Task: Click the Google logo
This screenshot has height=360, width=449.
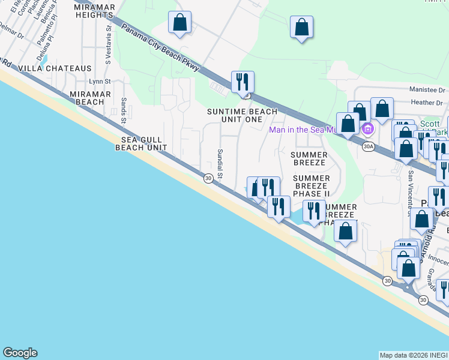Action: [x=20, y=353]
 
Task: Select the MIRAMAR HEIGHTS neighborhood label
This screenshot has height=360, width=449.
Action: [x=94, y=10]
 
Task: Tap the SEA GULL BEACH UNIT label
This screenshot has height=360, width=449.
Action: [x=140, y=143]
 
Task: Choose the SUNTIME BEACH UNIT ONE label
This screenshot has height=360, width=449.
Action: [x=243, y=115]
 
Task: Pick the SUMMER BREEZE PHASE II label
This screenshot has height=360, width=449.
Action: [x=312, y=186]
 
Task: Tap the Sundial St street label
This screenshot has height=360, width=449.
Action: [x=220, y=164]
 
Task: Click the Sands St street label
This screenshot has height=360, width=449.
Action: [x=123, y=111]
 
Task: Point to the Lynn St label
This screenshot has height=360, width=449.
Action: [x=100, y=82]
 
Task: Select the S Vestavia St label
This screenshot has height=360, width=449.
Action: [x=108, y=43]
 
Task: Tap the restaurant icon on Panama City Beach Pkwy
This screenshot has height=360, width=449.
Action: [x=243, y=82]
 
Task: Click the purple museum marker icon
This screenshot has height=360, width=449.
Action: [x=368, y=128]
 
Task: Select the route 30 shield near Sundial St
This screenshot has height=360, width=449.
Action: [x=208, y=178]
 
